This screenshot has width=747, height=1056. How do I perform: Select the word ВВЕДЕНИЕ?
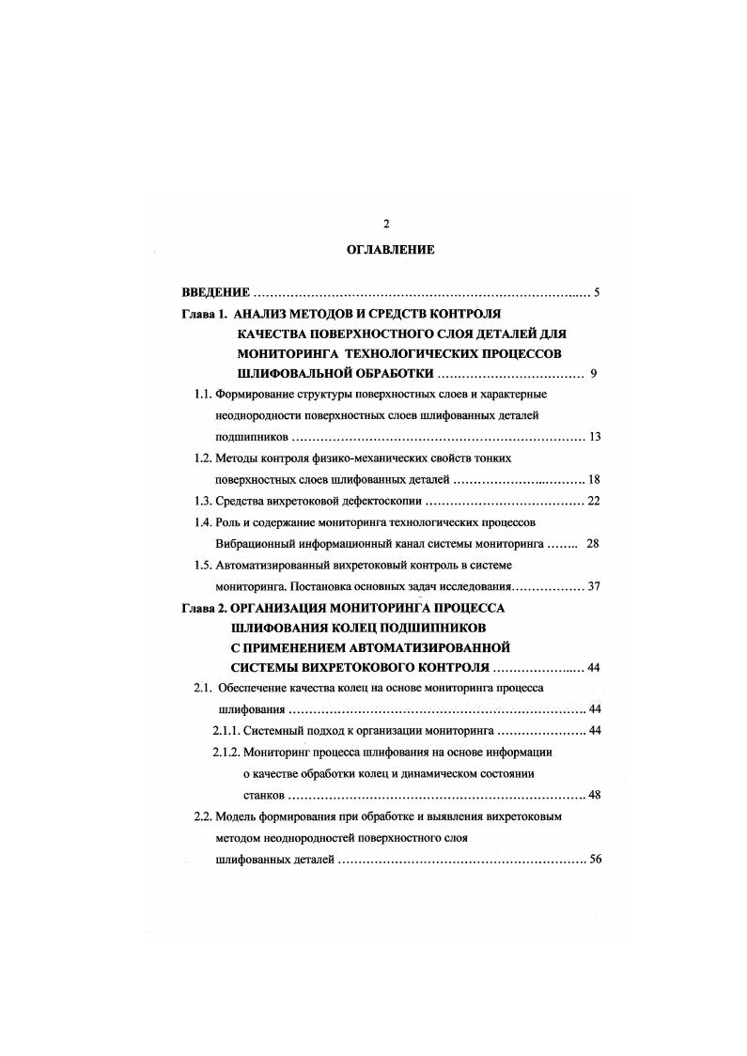coord(215,292)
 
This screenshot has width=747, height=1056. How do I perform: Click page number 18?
coord(594,479)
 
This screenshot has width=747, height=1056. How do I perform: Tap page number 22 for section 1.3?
coord(594,500)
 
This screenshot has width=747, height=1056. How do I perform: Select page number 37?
coord(594,586)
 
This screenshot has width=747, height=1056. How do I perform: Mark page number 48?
coord(594,795)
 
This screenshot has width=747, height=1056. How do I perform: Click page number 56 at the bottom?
coord(594,860)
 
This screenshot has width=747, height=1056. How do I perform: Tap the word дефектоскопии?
coord(380,500)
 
